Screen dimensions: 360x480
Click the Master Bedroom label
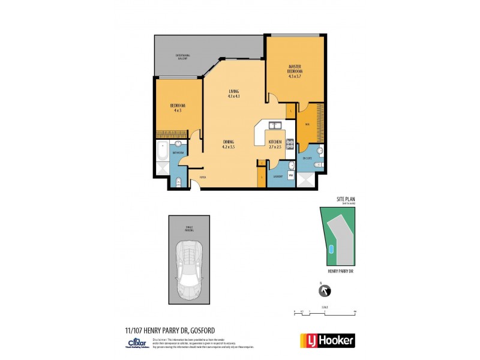point(295,71)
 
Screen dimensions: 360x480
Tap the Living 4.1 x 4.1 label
point(234,94)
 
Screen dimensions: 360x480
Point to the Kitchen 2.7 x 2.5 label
point(275,144)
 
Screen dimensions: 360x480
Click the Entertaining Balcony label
point(182,57)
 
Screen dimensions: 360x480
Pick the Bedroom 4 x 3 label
point(178,108)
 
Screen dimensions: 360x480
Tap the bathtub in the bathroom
point(162,154)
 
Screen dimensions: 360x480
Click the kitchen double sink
point(275,126)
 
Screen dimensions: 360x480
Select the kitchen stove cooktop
point(289,144)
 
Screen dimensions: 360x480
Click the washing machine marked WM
point(290,175)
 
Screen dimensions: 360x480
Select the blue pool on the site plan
point(331,250)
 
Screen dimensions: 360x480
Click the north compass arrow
point(325,291)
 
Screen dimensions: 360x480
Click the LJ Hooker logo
point(327,340)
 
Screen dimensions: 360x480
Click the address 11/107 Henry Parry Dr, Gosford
point(161,329)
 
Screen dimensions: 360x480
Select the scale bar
point(325,312)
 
